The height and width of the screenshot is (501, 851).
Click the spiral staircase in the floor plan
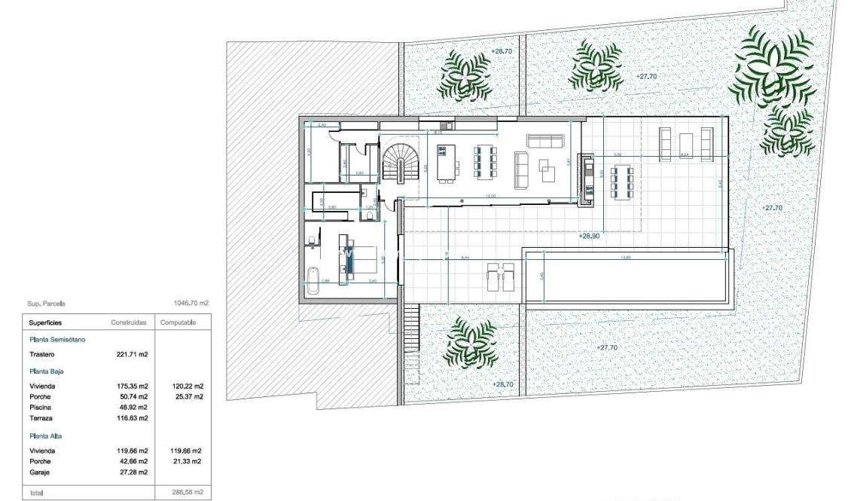(404, 161)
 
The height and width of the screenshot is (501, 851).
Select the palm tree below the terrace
(470, 343)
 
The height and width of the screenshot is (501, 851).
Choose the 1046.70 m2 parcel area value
(191, 304)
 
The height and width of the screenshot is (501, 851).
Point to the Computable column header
(178, 322)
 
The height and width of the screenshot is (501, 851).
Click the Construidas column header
(130, 322)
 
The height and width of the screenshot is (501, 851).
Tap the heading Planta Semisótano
(58, 340)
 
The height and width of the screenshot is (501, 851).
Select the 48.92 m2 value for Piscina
(133, 407)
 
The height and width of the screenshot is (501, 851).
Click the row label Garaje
(41, 472)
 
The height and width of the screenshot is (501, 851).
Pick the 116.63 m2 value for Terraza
(133, 417)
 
